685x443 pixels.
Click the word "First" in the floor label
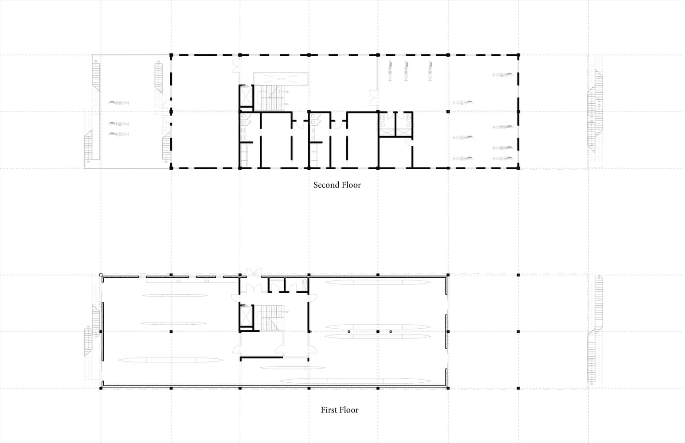(329, 410)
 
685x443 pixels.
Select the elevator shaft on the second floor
(246, 96)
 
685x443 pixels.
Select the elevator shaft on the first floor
(246, 316)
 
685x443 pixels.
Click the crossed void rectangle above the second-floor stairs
(281, 78)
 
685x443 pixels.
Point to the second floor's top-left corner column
(171, 55)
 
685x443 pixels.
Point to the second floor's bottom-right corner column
(518, 168)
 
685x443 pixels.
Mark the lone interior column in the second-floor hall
(448, 112)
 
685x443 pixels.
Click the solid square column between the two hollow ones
(378, 331)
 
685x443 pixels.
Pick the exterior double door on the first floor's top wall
(254, 272)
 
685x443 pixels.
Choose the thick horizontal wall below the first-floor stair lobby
(262, 358)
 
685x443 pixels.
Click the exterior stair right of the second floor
(595, 111)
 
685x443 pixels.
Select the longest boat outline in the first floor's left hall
(171, 360)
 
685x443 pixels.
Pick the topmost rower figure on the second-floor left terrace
(118, 103)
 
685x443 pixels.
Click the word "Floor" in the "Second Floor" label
(351, 185)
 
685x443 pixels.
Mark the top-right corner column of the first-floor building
(448, 275)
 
